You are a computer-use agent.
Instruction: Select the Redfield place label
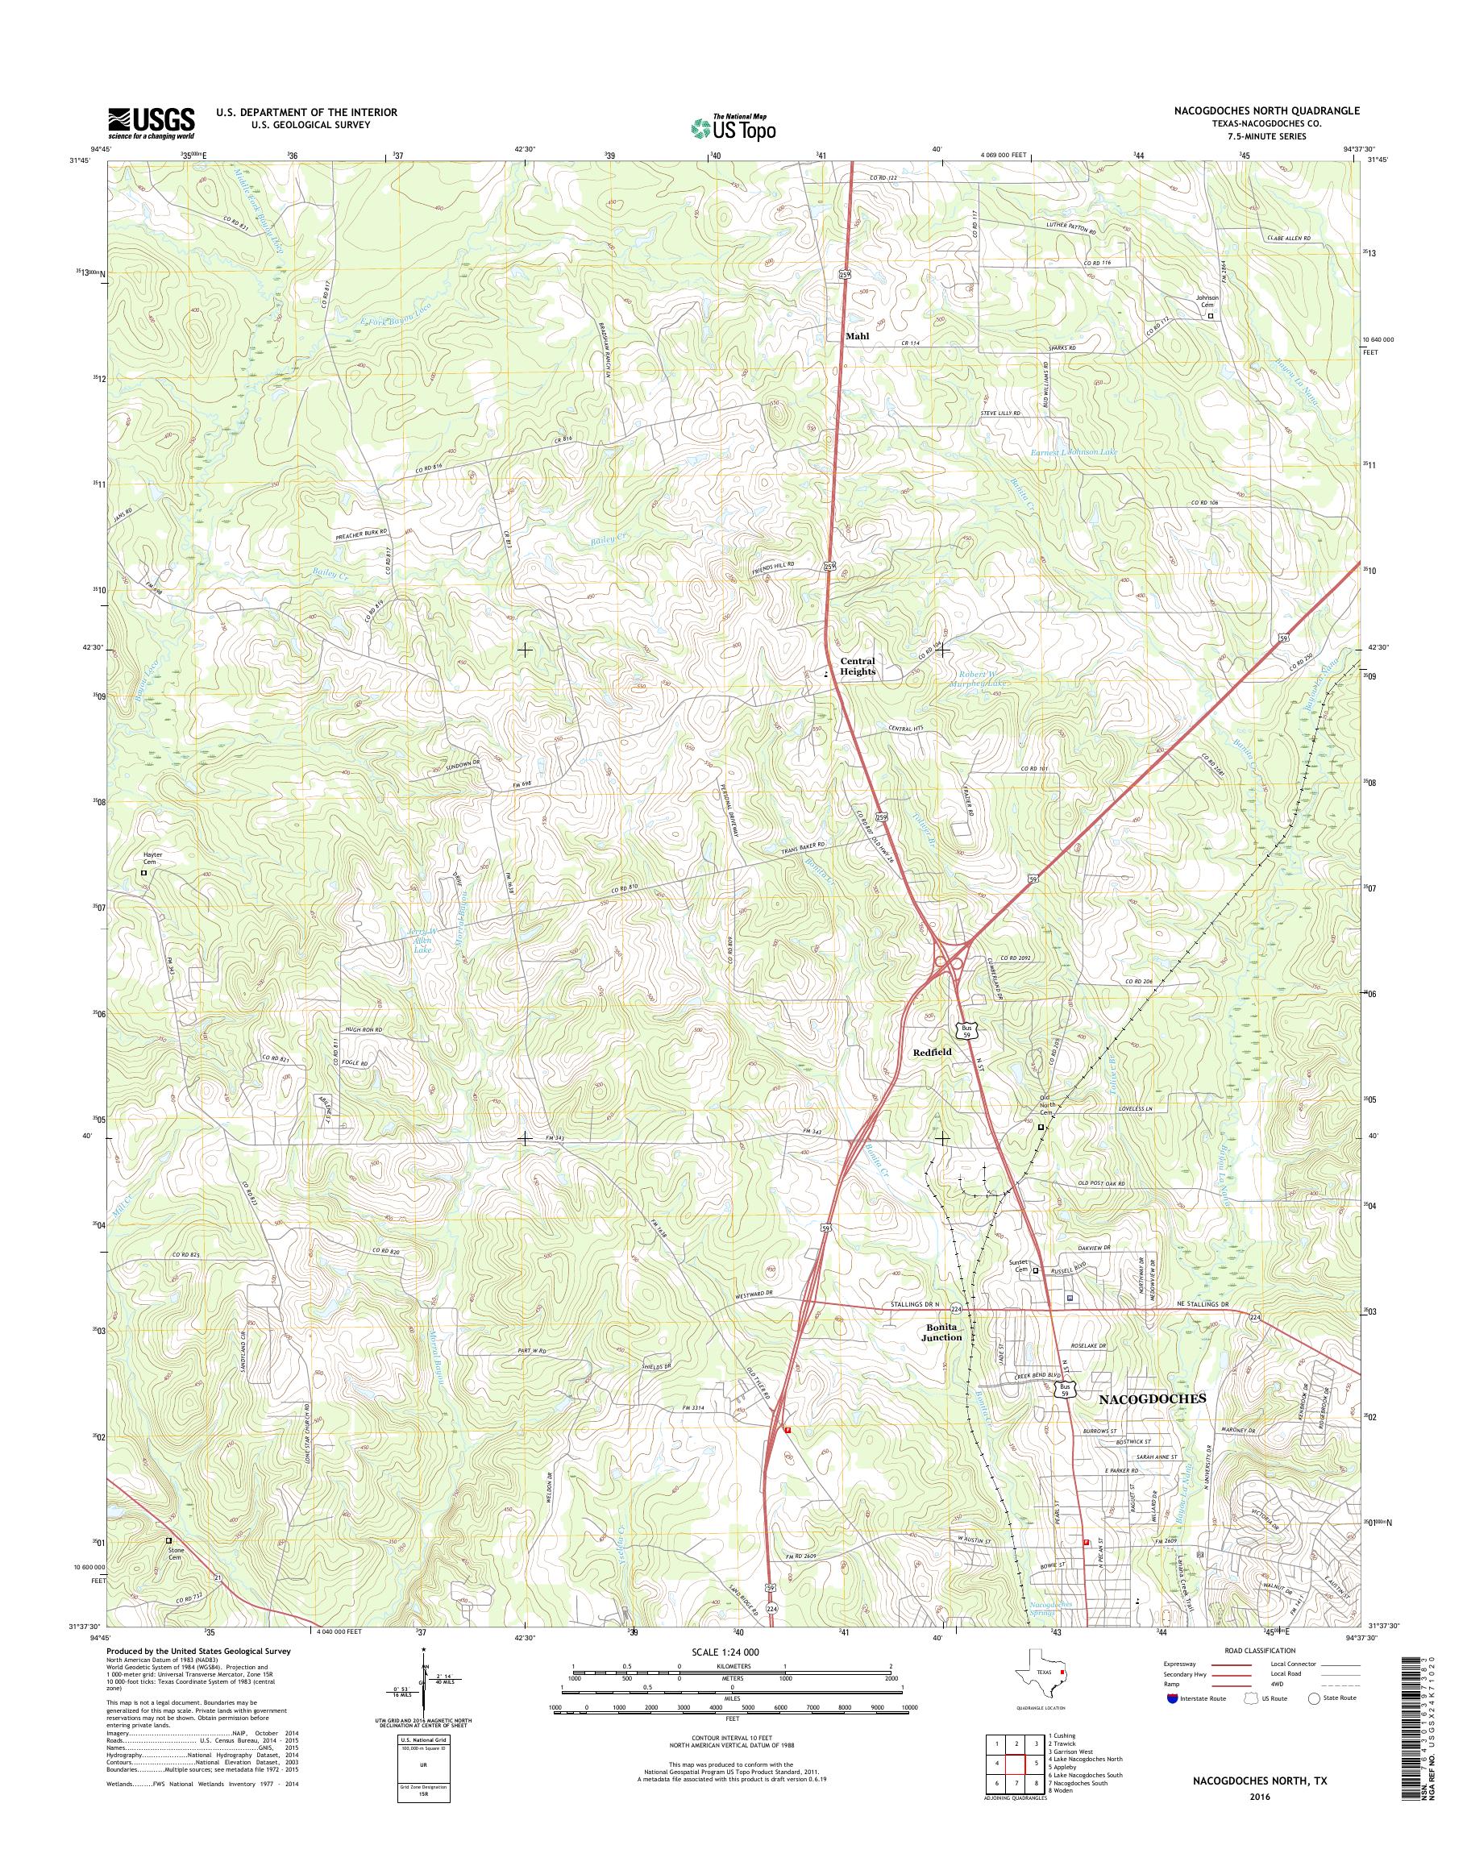(932, 1051)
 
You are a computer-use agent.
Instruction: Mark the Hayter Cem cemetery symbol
(144, 873)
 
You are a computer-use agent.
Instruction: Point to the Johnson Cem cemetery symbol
(1211, 315)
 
